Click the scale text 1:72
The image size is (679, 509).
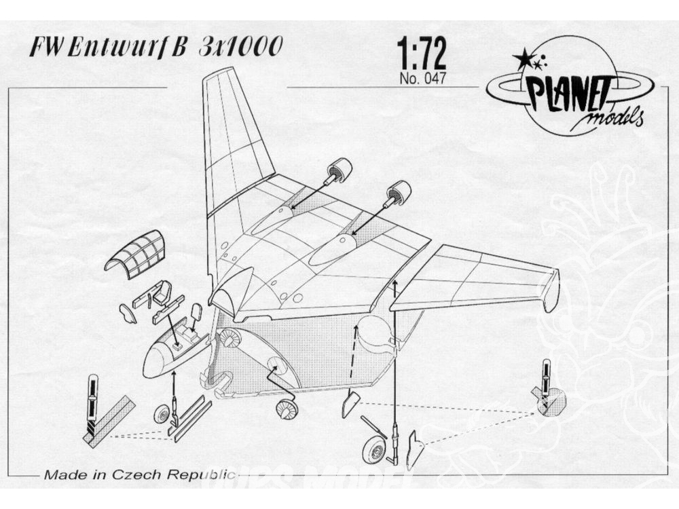(422, 54)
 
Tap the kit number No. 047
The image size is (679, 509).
(422, 79)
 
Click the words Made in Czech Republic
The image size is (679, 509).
(139, 474)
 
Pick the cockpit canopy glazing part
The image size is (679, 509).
(136, 254)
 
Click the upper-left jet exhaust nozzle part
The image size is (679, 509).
(337, 172)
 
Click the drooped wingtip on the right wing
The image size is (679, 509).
(550, 290)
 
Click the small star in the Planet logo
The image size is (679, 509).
(537, 65)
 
